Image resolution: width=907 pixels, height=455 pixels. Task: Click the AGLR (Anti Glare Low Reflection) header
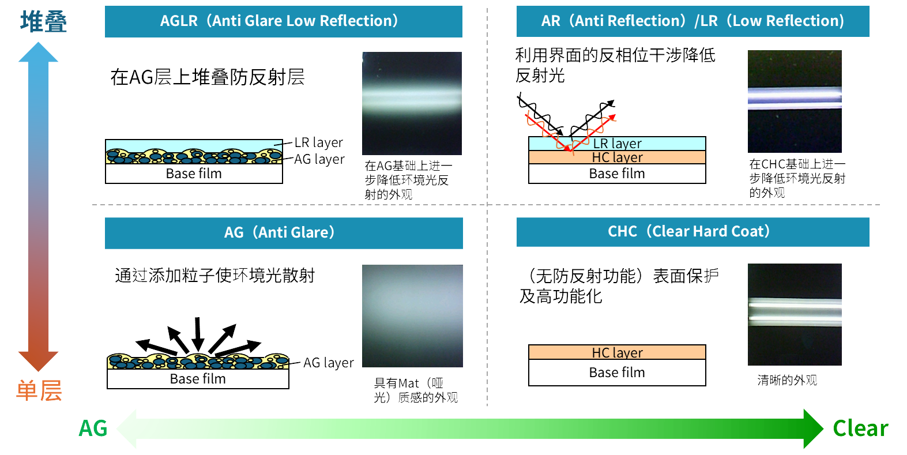click(284, 21)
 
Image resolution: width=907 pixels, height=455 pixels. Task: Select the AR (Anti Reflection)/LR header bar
click(693, 21)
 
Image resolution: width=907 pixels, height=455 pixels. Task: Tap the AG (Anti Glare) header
click(284, 233)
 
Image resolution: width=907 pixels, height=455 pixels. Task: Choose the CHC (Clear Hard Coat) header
click(693, 232)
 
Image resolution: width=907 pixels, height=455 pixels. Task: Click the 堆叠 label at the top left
click(43, 21)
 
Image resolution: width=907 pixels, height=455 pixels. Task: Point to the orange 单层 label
click(39, 390)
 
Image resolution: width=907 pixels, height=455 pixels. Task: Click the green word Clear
click(860, 428)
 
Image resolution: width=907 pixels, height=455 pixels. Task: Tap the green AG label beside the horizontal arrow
click(93, 428)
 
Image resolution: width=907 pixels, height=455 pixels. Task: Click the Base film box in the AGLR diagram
click(194, 174)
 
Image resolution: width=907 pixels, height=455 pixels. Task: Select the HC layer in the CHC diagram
click(617, 352)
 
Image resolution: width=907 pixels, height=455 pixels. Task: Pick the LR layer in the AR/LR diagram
click(617, 143)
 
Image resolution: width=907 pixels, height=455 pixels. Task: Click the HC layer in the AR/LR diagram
click(617, 157)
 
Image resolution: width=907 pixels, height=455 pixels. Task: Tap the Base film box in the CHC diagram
click(617, 373)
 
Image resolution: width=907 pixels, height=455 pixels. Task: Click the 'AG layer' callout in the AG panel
click(329, 363)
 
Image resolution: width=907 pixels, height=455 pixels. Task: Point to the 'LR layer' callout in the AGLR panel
click(319, 142)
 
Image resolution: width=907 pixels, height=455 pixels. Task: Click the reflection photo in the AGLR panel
click(412, 103)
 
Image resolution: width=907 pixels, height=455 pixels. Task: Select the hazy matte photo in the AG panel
click(412, 316)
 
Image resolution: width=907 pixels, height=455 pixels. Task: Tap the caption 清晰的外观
click(787, 380)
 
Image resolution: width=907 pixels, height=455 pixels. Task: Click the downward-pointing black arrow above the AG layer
click(198, 333)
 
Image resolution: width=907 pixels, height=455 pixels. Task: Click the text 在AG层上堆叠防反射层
click(208, 77)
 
